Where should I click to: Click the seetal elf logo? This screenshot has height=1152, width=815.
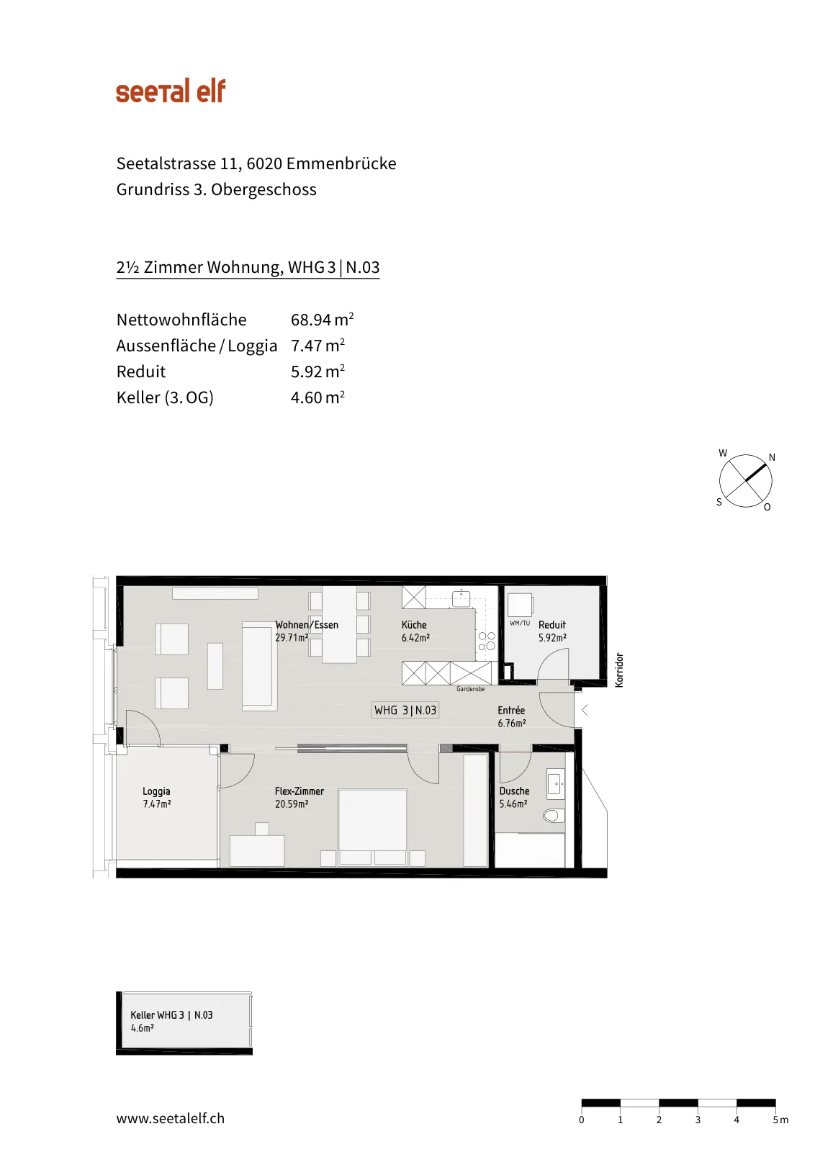tap(171, 91)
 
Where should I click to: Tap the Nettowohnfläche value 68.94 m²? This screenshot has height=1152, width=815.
tap(322, 320)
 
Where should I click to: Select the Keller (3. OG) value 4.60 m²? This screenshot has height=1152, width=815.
tap(318, 397)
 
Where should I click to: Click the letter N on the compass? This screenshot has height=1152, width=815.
tap(771, 457)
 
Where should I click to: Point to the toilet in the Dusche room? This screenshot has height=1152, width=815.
tap(553, 815)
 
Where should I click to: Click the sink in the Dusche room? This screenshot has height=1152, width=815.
tap(555, 784)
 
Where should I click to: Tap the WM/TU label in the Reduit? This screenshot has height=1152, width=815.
tap(519, 623)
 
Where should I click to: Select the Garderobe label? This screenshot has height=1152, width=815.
tap(470, 689)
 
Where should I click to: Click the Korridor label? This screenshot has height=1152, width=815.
tap(619, 670)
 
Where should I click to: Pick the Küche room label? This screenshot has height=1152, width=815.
tap(414, 625)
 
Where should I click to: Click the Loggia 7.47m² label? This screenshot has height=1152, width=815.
tap(156, 797)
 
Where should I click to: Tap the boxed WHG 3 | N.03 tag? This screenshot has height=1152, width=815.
tap(405, 710)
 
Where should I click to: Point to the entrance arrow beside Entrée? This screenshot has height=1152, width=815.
tap(585, 710)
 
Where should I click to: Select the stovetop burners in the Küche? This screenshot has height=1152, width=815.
tap(487, 641)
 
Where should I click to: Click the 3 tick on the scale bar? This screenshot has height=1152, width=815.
tap(698, 1120)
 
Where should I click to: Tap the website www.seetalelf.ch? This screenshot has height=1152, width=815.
tap(170, 1118)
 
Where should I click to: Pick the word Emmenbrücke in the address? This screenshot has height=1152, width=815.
tap(341, 163)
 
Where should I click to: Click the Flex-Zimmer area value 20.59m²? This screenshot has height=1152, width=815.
tap(291, 804)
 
